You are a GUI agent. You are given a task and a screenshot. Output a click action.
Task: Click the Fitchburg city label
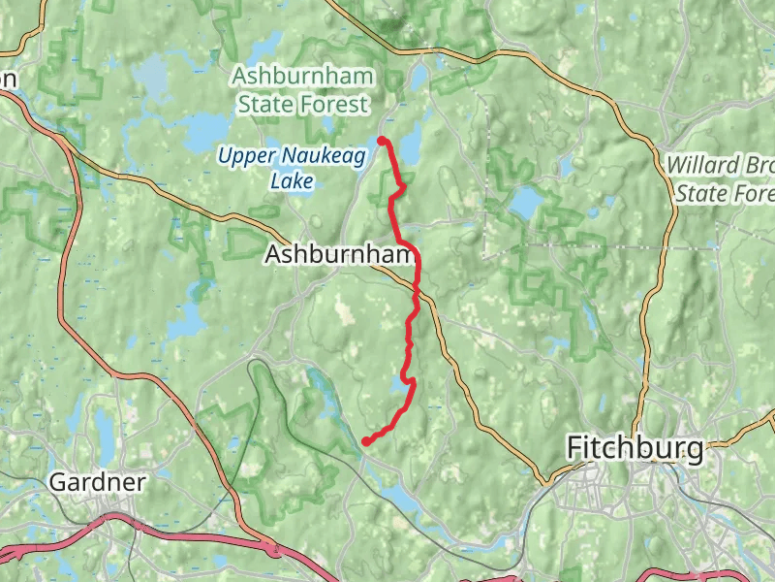pyautogui.click(x=634, y=448)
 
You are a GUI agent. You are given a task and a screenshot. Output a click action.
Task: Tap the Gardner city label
pyautogui.click(x=97, y=482)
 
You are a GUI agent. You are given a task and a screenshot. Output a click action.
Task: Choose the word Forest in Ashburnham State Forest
pyautogui.click(x=333, y=104)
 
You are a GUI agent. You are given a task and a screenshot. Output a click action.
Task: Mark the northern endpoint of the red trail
pyautogui.click(x=382, y=141)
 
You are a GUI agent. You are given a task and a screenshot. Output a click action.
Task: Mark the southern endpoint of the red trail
pyautogui.click(x=366, y=441)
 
